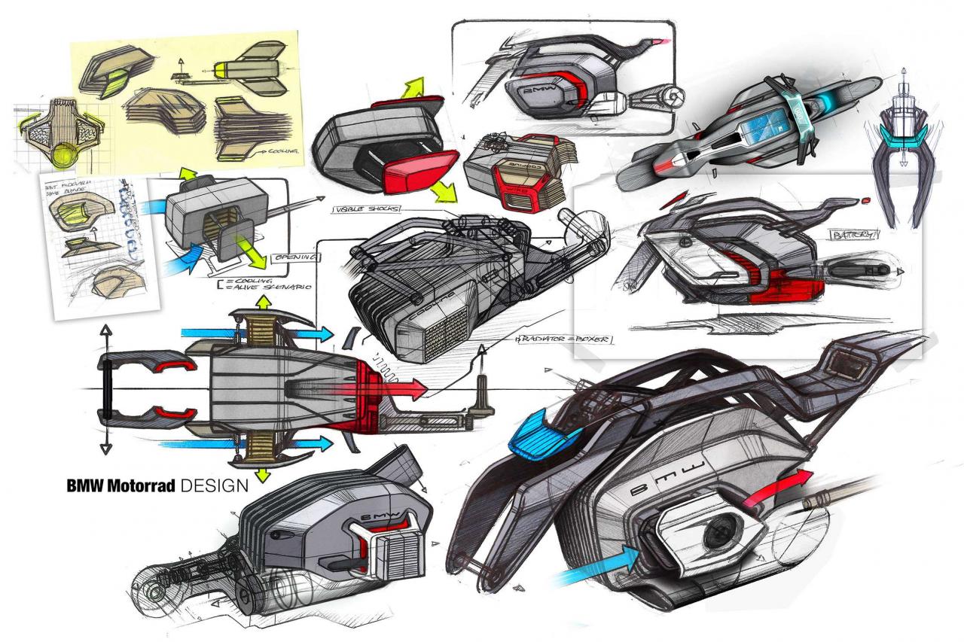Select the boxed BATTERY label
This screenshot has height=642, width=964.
[x=853, y=235]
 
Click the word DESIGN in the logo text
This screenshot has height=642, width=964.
[x=215, y=485]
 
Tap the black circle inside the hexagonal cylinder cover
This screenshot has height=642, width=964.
[x=712, y=534]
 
